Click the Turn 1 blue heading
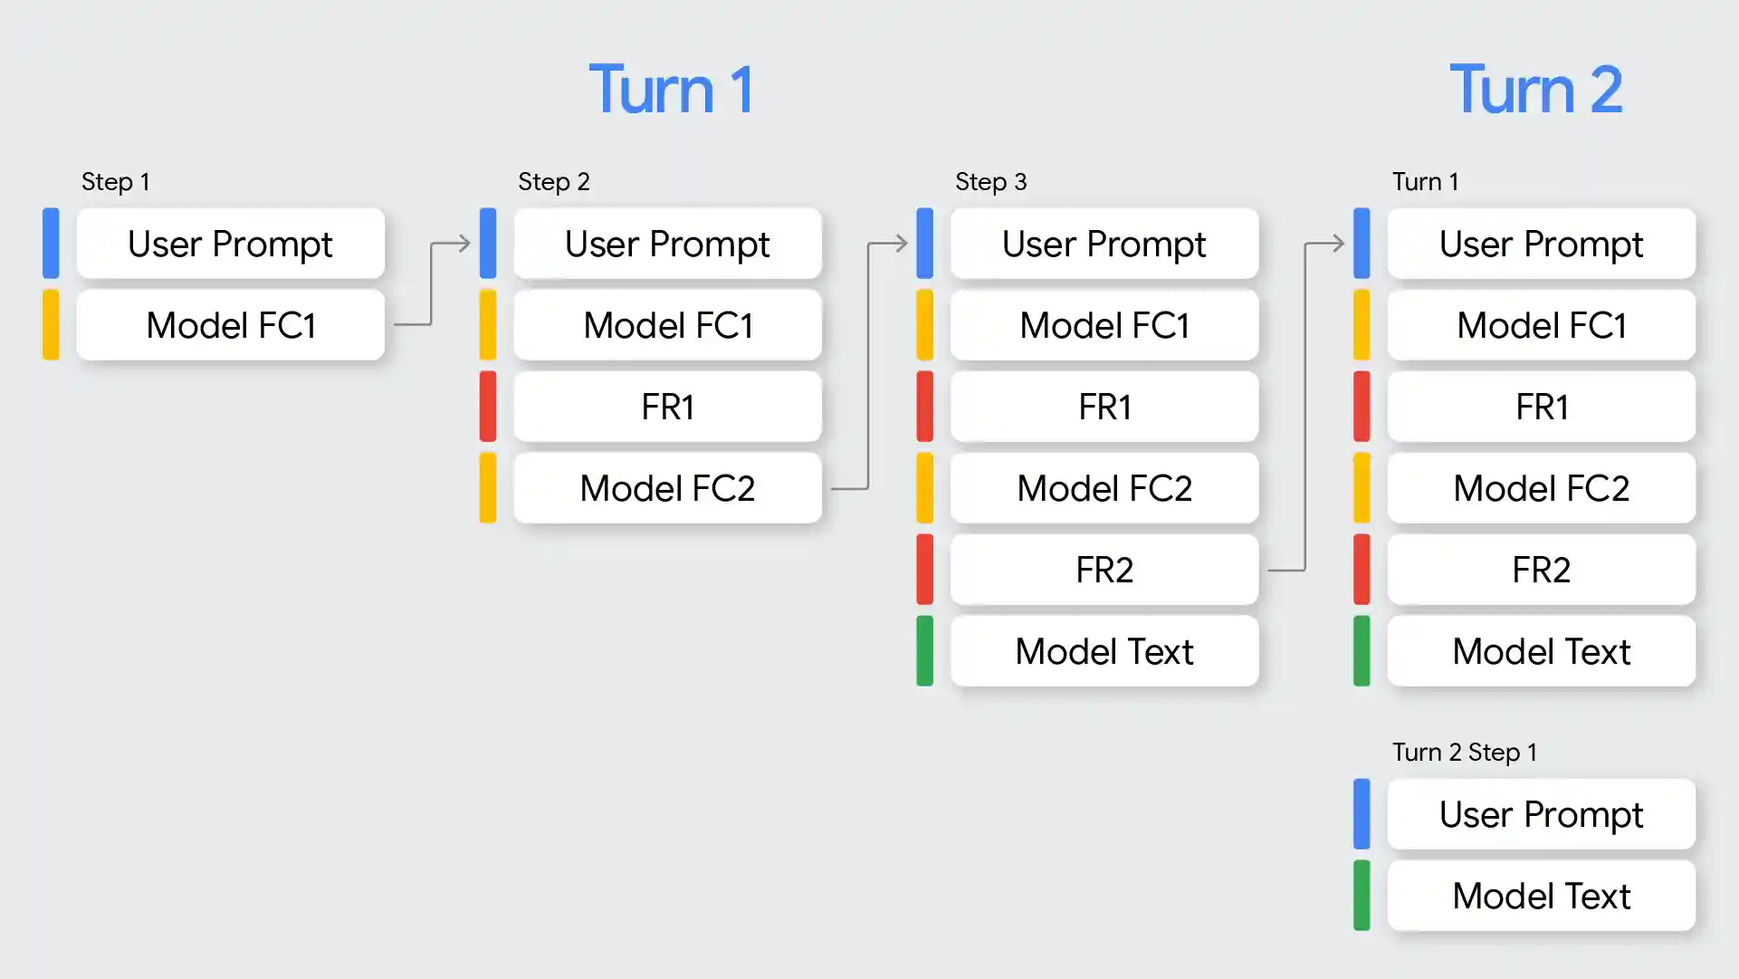671,90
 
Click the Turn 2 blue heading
1535,90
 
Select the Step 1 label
115,181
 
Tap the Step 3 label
990,181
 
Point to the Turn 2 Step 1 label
1464,752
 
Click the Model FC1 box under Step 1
231,325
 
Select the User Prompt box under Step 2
667,244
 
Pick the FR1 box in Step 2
667,407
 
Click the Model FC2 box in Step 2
667,488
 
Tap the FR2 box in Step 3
1104,570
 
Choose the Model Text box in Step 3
1104,651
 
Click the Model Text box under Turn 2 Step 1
1541,896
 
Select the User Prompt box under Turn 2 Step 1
1541,814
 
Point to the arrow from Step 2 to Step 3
868,362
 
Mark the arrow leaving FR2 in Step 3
1305,408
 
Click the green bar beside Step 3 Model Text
924,651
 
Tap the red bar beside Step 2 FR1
488,407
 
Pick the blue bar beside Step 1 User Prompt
51,244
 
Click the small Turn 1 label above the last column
1425,181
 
